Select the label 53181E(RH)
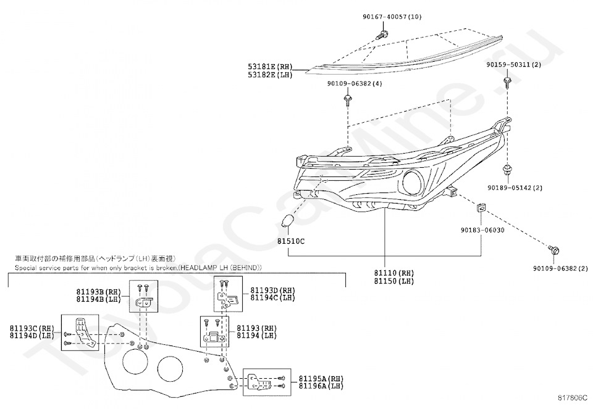(x=269, y=67)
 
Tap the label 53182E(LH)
(x=269, y=75)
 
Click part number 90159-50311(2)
(x=513, y=65)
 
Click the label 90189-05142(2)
(x=515, y=188)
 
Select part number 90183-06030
(x=482, y=230)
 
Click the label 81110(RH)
(x=393, y=273)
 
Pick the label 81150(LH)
(x=393, y=281)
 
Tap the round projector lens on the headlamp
(x=412, y=181)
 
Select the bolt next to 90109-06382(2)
(x=554, y=250)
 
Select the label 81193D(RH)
(x=272, y=290)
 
